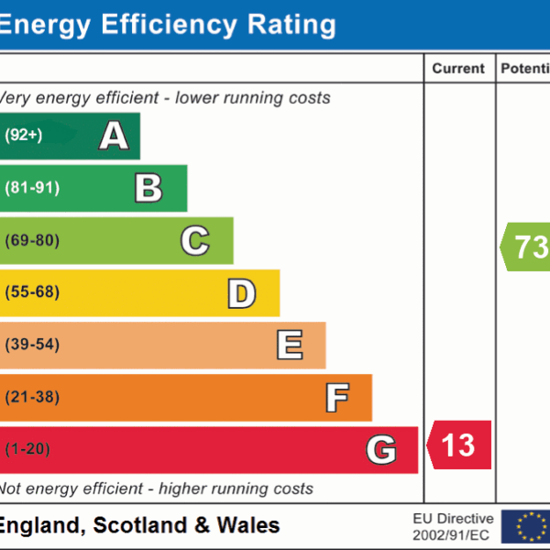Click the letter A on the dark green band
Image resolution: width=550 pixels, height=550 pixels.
[x=114, y=136]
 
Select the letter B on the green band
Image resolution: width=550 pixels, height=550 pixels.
[x=148, y=188]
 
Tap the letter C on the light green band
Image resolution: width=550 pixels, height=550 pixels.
[x=194, y=241]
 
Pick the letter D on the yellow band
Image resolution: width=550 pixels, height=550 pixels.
[x=241, y=293]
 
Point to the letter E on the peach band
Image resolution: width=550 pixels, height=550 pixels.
[x=289, y=346]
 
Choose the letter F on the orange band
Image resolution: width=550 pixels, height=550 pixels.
[x=336, y=398]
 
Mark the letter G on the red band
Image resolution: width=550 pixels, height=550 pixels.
[x=381, y=450]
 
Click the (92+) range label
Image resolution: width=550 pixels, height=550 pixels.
[x=24, y=136]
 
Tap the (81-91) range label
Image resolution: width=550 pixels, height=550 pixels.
[x=32, y=188]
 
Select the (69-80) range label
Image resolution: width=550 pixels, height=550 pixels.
[x=32, y=241]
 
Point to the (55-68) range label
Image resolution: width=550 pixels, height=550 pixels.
[x=32, y=293]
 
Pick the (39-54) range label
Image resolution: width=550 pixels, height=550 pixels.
[x=32, y=346]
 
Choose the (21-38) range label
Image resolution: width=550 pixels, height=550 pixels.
[x=32, y=398]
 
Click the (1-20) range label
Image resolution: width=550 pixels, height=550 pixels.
[x=28, y=450]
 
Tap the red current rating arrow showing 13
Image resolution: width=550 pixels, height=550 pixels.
[x=459, y=445]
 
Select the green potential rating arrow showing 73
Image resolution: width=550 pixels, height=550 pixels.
[x=526, y=247]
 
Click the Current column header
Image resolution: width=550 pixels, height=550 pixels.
[x=458, y=69]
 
